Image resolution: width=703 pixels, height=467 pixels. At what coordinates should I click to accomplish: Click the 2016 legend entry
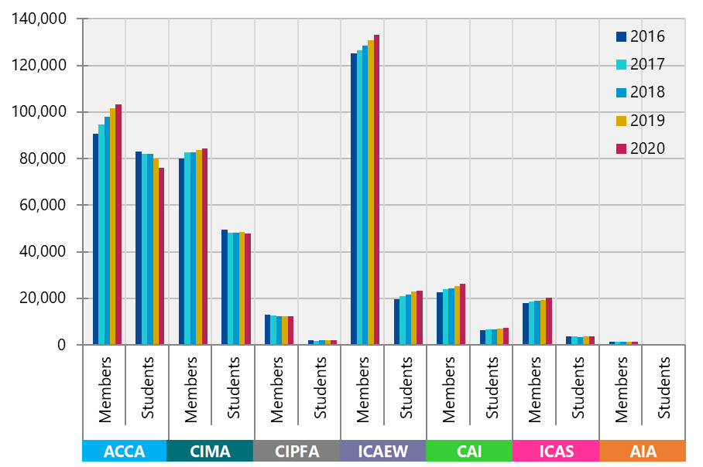click(640, 36)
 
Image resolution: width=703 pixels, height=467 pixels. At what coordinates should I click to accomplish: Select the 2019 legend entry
click(640, 121)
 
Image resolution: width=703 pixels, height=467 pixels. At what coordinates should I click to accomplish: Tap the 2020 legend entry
click(640, 148)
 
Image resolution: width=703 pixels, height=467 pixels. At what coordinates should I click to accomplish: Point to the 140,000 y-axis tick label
click(39, 19)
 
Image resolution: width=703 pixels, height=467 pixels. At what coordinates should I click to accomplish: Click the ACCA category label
click(125, 452)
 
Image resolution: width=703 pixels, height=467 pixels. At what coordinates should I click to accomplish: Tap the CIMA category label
click(211, 452)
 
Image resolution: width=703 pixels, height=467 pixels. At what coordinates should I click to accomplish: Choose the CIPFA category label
click(297, 452)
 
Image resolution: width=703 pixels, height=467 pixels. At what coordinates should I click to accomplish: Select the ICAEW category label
click(383, 452)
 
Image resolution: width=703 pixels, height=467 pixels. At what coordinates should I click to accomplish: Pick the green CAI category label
click(469, 452)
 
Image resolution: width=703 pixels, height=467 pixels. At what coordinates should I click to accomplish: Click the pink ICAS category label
click(555, 452)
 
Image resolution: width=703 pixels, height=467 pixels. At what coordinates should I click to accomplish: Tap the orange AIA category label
click(642, 452)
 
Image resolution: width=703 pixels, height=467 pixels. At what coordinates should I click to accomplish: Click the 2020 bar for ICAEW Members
click(376, 189)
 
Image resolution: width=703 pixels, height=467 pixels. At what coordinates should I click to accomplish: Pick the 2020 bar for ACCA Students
click(161, 256)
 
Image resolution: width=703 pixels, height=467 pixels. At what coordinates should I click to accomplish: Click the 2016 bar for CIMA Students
click(225, 287)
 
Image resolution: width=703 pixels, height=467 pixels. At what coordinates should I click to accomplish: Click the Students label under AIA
click(664, 387)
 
